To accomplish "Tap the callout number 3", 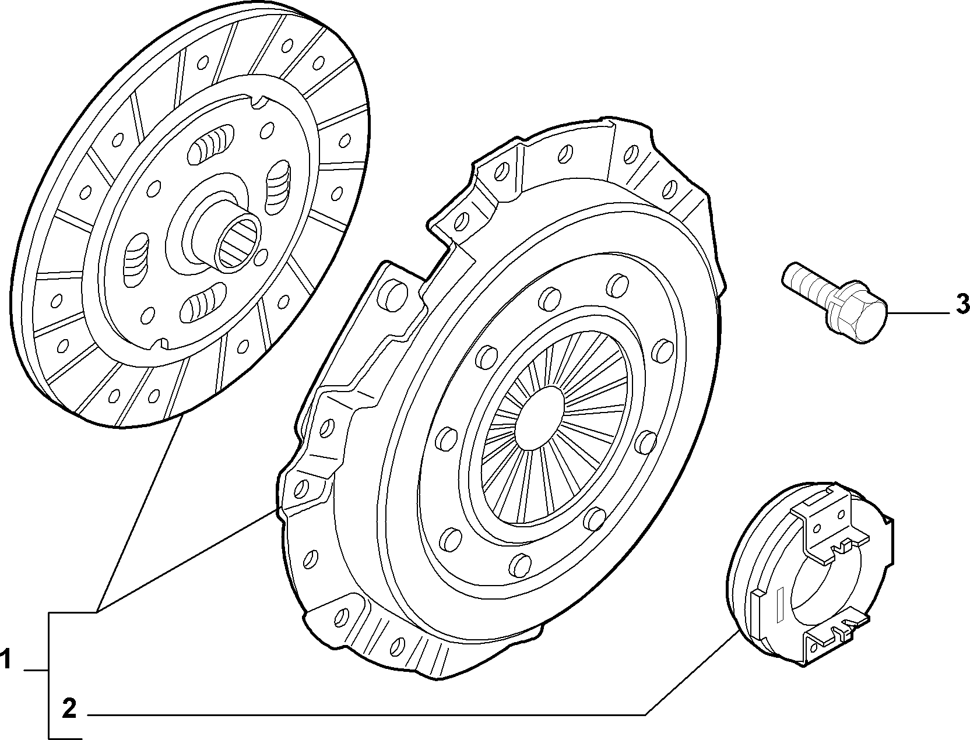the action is tap(962, 305).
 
